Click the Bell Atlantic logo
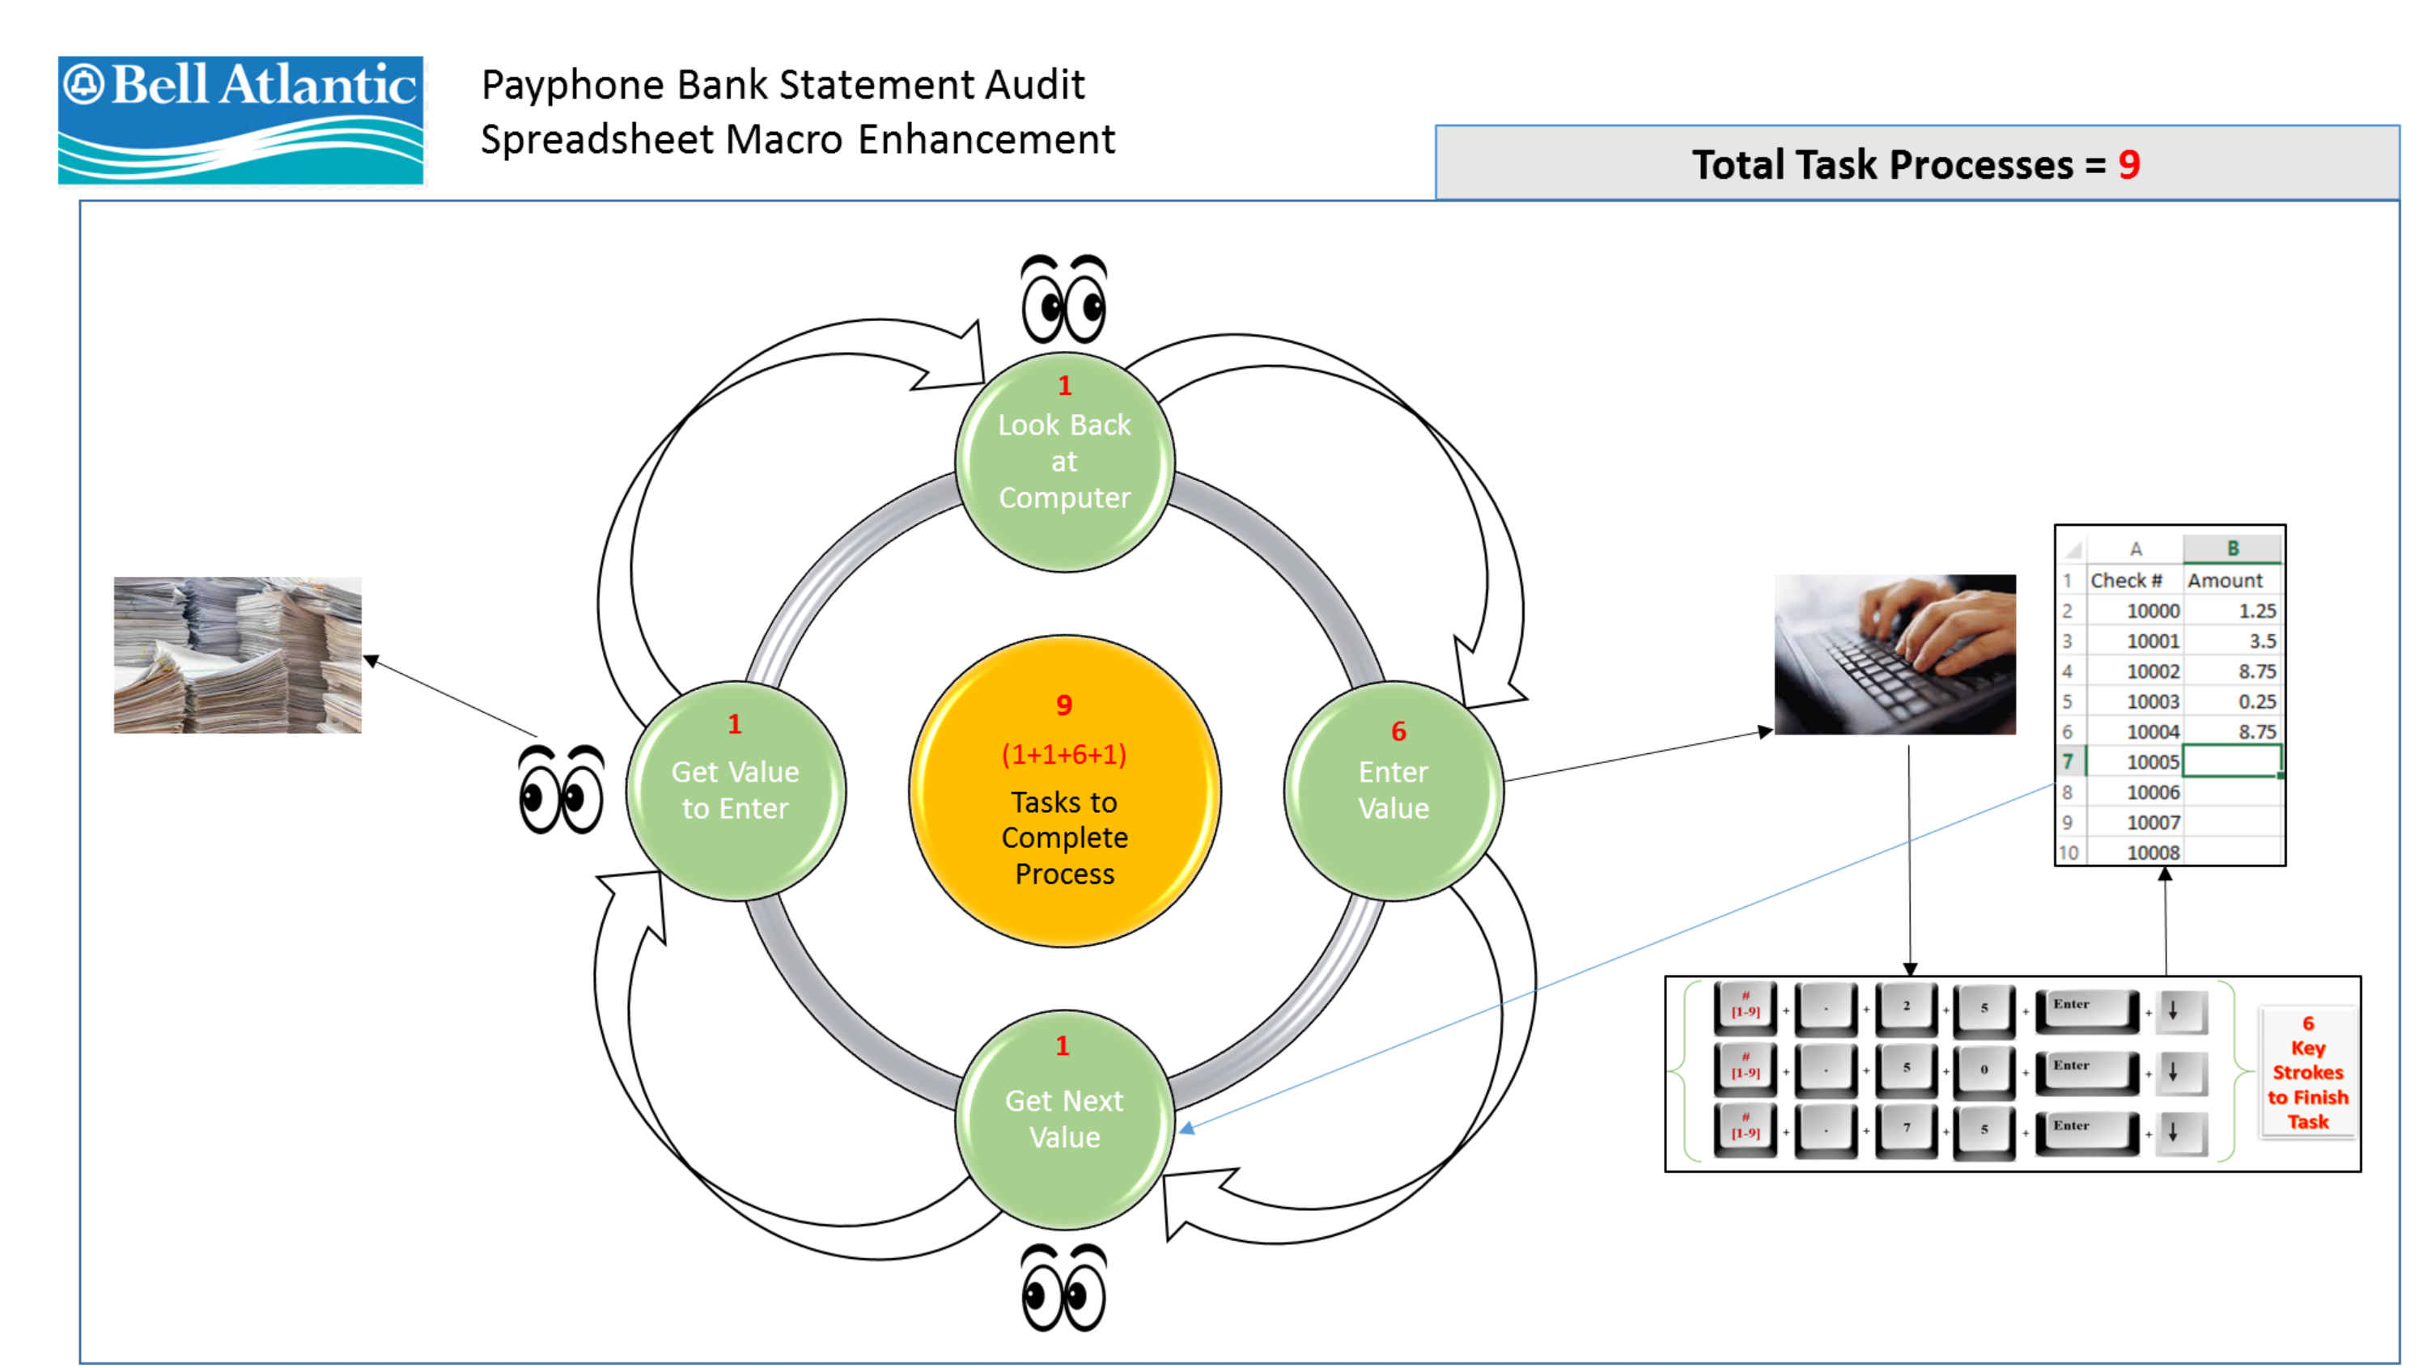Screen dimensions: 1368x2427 240,120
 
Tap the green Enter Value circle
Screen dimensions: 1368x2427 1393,790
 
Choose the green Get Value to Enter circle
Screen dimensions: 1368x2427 735,790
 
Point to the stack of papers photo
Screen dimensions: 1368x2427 237,654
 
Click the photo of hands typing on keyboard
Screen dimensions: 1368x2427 1895,654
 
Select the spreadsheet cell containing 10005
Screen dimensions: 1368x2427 2136,761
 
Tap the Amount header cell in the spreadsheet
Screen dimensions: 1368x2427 2231,580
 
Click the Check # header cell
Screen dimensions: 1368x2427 2129,580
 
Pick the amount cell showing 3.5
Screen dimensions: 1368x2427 2231,641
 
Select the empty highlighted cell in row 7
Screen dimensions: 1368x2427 2231,761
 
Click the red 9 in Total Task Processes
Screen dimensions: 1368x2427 2129,165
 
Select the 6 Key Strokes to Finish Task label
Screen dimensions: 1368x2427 2307,1072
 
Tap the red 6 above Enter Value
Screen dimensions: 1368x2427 1398,731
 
